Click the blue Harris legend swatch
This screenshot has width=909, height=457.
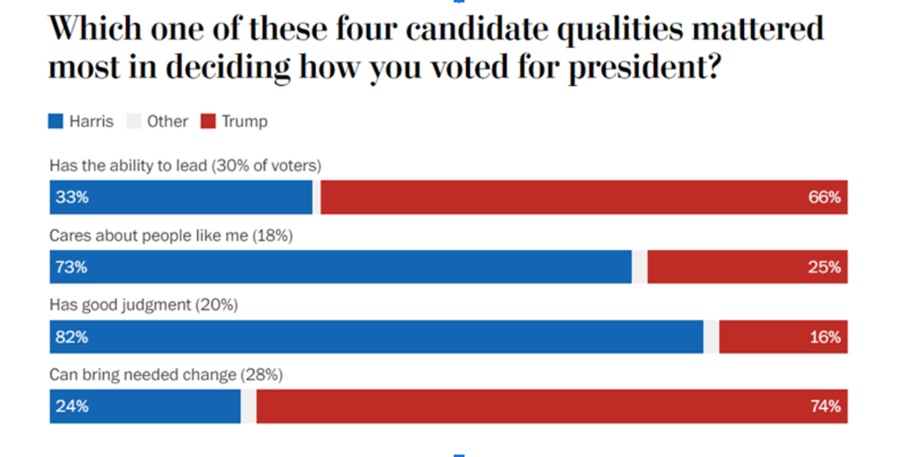55,122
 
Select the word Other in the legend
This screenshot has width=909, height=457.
167,122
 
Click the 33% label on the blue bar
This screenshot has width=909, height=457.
72,197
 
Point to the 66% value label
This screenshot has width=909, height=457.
824,197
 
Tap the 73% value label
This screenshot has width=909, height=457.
72,267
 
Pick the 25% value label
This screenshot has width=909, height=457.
824,267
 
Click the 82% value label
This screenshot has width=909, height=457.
72,337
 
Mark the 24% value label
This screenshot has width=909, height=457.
72,406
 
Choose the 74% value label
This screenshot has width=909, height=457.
824,406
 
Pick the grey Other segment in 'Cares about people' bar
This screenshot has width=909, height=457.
639,267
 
